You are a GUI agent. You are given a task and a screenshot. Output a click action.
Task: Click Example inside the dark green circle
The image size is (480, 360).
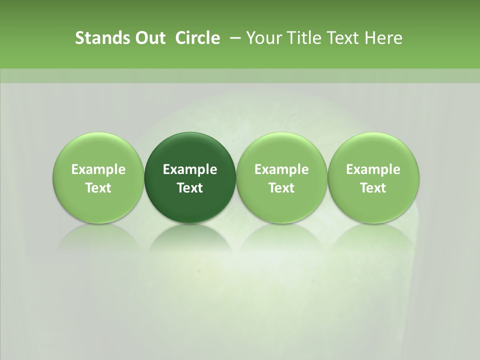190,169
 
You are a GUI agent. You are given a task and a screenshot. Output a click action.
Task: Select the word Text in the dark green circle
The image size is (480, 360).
190,188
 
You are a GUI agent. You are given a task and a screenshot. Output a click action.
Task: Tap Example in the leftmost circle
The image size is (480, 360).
98,169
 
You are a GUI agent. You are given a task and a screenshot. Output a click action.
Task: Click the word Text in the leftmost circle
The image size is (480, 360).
98,188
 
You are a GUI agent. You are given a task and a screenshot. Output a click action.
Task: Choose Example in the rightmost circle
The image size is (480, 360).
373,169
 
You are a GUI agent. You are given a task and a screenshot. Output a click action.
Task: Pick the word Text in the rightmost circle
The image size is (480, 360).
373,188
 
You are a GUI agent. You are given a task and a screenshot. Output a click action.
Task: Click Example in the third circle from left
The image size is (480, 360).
281,169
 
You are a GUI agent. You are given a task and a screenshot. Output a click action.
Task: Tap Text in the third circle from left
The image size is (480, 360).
281,188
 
